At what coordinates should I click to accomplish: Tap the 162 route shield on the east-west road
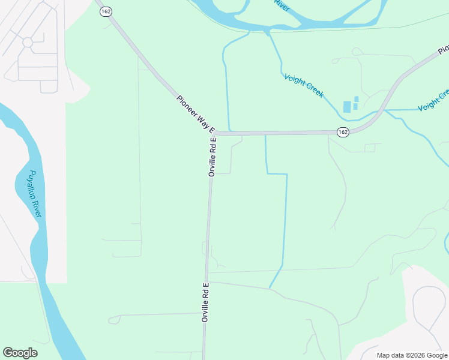pyautogui.click(x=342, y=132)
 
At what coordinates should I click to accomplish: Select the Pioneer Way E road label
pyautogui.click(x=196, y=113)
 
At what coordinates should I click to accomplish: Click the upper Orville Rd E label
pyautogui.click(x=212, y=157)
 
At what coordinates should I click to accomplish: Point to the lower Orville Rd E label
pyautogui.click(x=205, y=302)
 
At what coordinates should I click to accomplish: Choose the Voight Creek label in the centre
pyautogui.click(x=304, y=86)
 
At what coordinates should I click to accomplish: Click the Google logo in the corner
pyautogui.click(x=20, y=353)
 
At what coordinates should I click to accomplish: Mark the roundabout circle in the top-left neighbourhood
pyautogui.click(x=27, y=42)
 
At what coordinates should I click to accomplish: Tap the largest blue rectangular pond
pyautogui.click(x=347, y=106)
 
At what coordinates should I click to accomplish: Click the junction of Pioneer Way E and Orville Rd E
pyautogui.click(x=214, y=133)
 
